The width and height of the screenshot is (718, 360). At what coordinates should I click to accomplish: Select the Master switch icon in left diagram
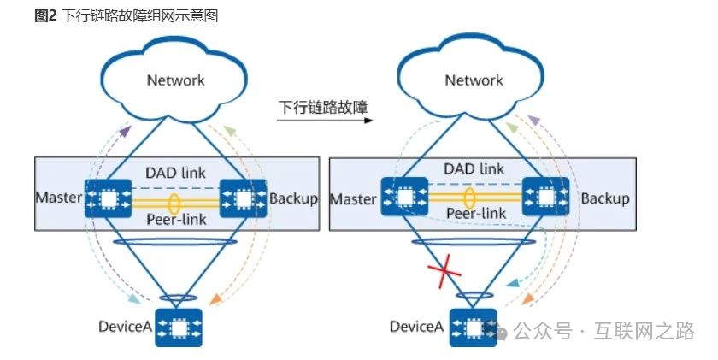tap(107, 199)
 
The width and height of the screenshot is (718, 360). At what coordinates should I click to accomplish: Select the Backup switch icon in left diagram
tap(243, 199)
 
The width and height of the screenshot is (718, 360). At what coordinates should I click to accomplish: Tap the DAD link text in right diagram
tap(474, 169)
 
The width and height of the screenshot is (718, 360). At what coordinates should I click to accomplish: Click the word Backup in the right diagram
tap(605, 198)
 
